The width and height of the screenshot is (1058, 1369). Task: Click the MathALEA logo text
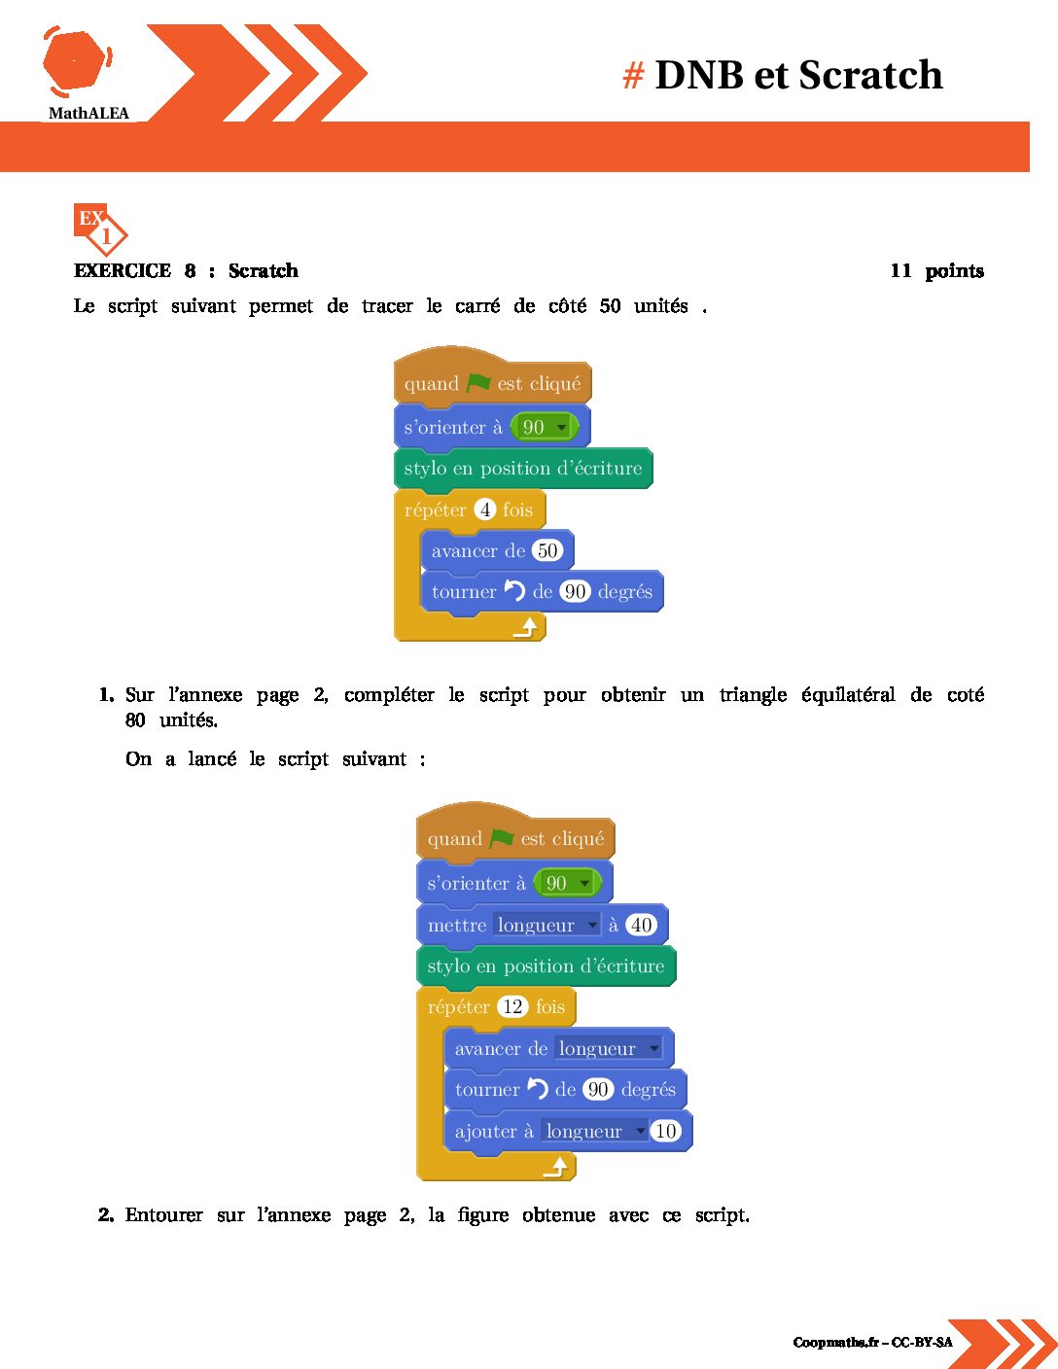coord(88,113)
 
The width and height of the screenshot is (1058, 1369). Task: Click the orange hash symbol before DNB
coord(633,76)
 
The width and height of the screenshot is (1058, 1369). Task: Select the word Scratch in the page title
coord(871,75)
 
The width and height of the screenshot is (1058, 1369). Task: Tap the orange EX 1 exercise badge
coord(99,229)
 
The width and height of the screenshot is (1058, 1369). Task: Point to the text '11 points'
coord(937,271)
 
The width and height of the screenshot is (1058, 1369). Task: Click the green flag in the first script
coord(478,382)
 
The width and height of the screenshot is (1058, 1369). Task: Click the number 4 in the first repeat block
coord(485,509)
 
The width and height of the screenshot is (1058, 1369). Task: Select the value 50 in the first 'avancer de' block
coord(547,550)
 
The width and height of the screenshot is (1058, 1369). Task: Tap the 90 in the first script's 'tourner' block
coord(575,591)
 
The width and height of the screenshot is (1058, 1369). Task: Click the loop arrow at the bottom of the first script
coord(525,627)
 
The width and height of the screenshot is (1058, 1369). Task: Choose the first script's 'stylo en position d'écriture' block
coord(523,468)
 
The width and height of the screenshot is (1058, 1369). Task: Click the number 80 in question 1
coord(135,720)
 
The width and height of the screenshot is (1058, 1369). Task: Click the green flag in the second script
coord(502,838)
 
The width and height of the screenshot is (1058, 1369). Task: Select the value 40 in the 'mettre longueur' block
coord(641,925)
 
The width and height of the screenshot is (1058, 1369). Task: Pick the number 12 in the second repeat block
coord(512,1006)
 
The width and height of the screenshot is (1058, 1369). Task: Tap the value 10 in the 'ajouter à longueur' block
coord(665,1131)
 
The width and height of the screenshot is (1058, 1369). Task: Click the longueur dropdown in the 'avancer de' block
coord(609,1048)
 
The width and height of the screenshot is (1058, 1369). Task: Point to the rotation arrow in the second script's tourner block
coord(538,1088)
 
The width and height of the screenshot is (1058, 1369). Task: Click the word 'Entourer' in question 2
coord(163,1214)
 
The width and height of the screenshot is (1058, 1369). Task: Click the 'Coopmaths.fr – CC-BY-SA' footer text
coord(872,1342)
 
